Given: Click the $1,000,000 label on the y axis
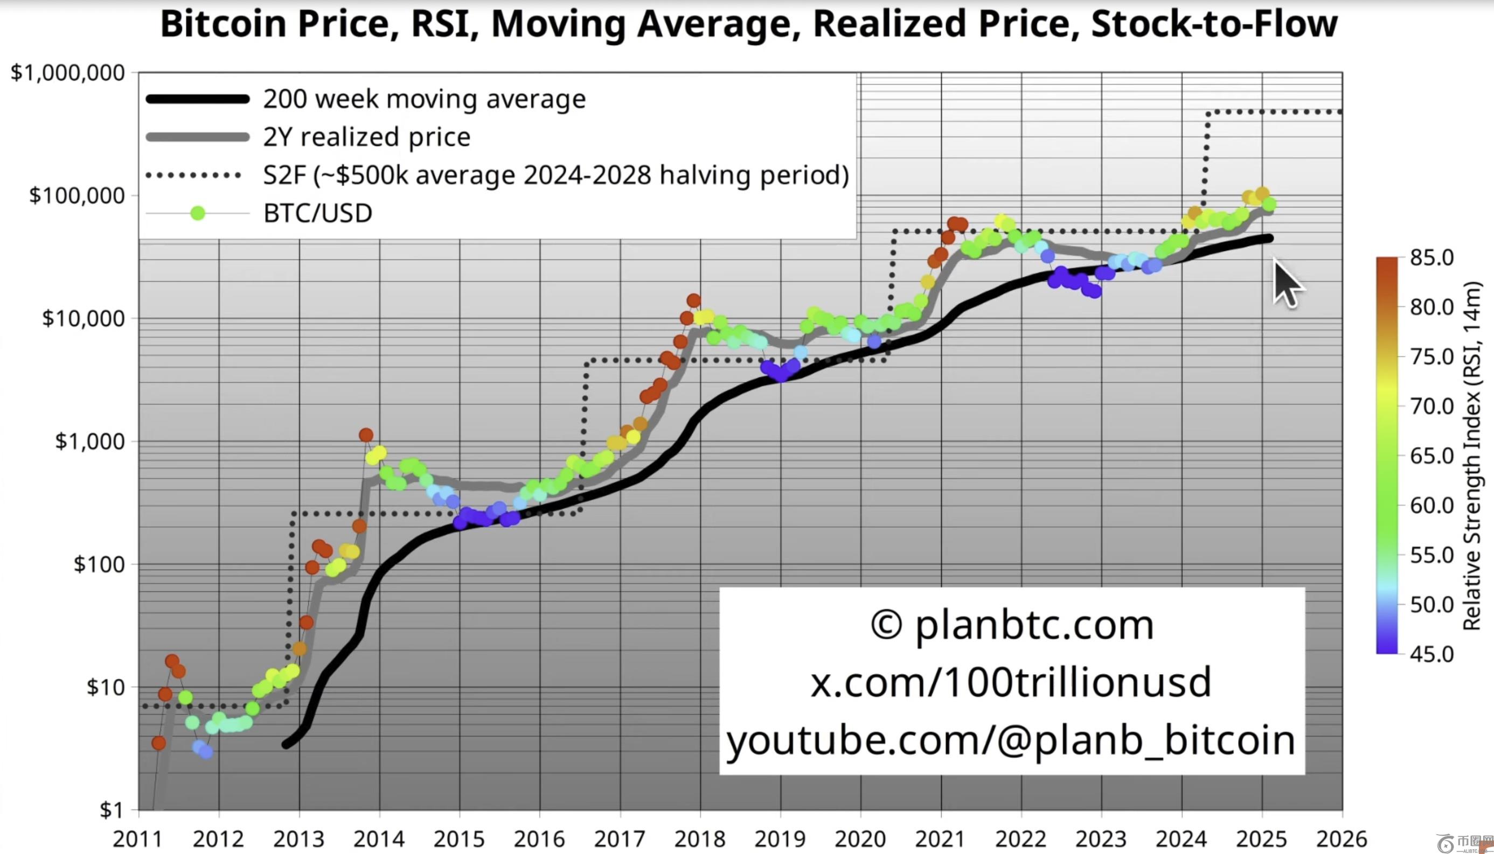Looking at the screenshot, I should [68, 73].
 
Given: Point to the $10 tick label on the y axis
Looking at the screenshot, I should [106, 687].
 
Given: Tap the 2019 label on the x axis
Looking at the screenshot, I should [780, 839].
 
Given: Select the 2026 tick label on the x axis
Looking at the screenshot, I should [1342, 839].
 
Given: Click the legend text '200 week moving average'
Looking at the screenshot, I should [424, 99].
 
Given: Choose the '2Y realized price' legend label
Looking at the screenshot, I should [367, 137].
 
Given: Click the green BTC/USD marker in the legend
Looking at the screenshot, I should [198, 213].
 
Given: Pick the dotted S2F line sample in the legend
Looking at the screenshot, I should [193, 176].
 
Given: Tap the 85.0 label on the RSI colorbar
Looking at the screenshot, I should [1432, 257].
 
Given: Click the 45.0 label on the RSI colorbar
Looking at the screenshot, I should [1432, 653].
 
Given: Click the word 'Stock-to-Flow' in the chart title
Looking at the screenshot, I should [1213, 24].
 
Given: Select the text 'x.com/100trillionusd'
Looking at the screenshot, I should [1011, 682].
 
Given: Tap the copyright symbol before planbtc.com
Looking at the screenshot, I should [886, 625].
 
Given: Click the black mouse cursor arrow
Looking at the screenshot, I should [1285, 283].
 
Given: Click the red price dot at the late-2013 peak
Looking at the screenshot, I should [366, 435].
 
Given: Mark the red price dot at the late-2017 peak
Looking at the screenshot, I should [693, 300].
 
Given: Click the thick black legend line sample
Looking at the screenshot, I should [198, 99].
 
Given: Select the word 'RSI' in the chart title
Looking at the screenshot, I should [443, 24].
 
